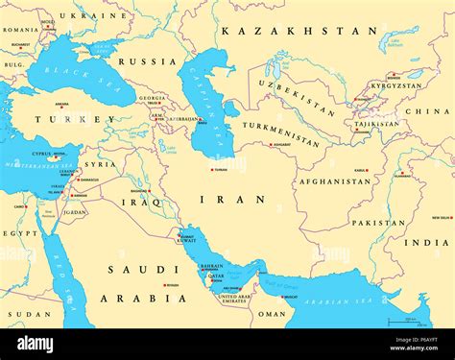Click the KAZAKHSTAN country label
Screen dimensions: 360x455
coord(299,31)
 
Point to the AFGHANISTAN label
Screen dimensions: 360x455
coord(334,180)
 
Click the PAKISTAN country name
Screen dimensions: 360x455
coord(378,223)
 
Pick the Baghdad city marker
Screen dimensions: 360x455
coord(149,190)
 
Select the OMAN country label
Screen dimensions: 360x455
coord(272,313)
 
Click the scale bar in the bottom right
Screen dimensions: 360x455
coord(409,320)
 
